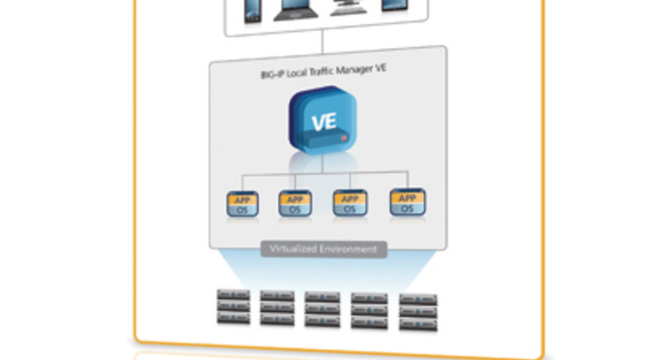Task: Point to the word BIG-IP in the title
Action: click(x=275, y=74)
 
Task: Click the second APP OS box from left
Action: click(x=295, y=203)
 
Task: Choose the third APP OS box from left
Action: click(x=350, y=202)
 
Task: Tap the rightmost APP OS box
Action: click(x=407, y=201)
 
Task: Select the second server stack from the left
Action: click(x=277, y=308)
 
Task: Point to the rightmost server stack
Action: click(x=418, y=310)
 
